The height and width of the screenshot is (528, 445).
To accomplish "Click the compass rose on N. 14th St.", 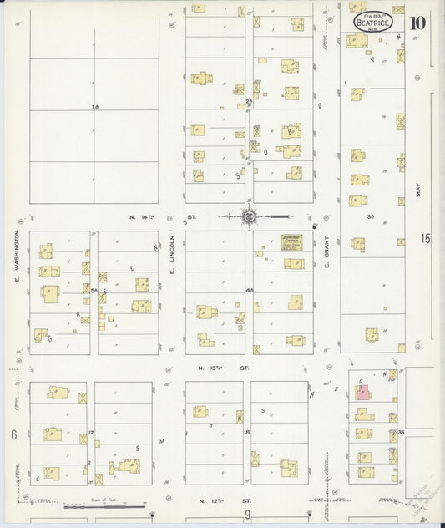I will coord(249,217).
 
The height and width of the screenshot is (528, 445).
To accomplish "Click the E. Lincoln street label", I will coord(172,256).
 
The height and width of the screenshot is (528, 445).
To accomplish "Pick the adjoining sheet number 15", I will coord(426,240).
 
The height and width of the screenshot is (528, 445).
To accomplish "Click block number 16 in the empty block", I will coord(95,107).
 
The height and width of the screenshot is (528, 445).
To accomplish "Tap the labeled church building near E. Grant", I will coord(291,240).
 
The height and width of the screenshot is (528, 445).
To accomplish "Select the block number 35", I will coord(401,432).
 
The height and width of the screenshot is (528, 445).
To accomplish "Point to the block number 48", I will coord(249,290).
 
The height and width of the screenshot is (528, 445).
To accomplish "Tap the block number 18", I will coord(247,432).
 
